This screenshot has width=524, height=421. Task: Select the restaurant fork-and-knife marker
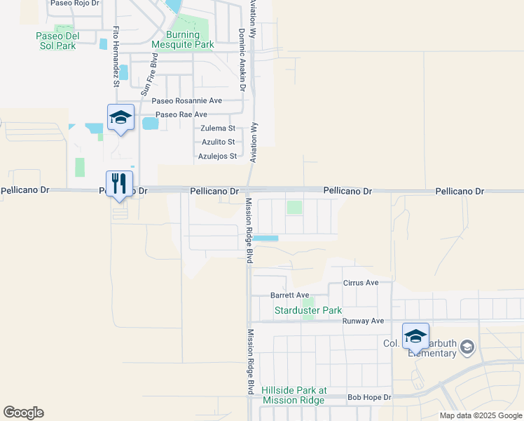[x=119, y=184]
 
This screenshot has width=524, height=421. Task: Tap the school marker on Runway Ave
[x=415, y=336]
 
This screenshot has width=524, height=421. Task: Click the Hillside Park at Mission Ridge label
[x=294, y=395]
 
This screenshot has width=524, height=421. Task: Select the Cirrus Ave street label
[x=361, y=283]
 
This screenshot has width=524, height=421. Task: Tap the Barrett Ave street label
[x=289, y=295]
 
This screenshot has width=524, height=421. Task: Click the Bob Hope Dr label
[x=369, y=398]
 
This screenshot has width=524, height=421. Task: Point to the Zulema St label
[x=217, y=128]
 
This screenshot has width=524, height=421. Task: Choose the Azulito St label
[x=218, y=142]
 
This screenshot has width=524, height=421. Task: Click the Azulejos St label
[x=217, y=156]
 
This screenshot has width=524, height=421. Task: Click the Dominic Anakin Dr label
[x=242, y=60]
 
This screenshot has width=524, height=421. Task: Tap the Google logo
[x=23, y=413]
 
